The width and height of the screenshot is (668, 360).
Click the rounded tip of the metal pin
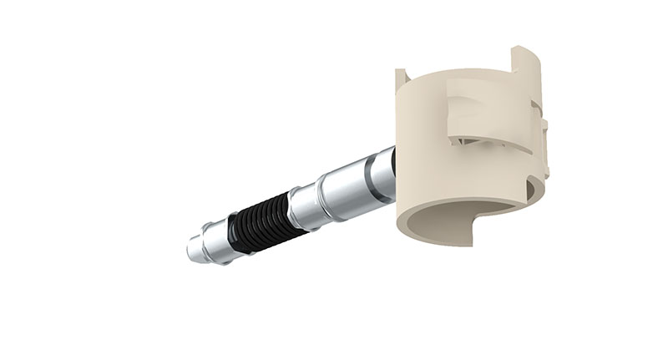click(x=191, y=250)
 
